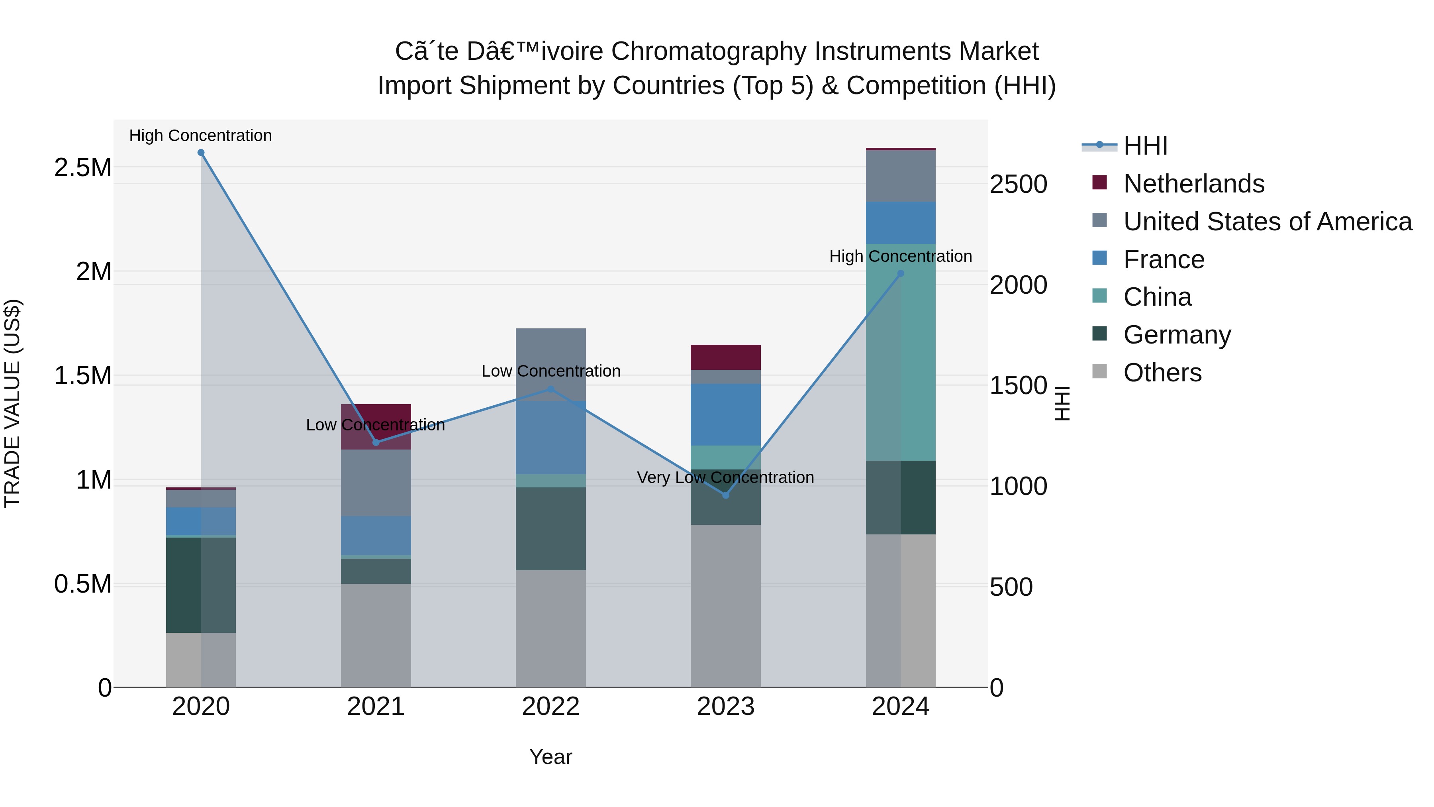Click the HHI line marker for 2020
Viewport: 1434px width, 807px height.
201,153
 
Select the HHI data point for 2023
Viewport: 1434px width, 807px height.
725,495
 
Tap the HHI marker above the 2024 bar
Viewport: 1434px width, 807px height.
901,273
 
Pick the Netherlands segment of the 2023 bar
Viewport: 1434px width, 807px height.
725,357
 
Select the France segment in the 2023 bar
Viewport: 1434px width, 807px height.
725,414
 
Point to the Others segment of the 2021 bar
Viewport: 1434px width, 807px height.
376,635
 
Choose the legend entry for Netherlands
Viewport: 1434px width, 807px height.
1193,184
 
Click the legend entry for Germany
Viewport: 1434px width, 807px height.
1176,335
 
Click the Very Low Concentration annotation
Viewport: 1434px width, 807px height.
725,477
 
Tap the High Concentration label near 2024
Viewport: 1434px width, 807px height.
900,256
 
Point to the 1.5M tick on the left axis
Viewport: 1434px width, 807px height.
83,376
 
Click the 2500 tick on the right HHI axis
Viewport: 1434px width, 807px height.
1018,185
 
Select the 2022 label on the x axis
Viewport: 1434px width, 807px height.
550,707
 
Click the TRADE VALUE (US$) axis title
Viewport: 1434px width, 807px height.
12,403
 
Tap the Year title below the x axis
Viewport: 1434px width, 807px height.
550,757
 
